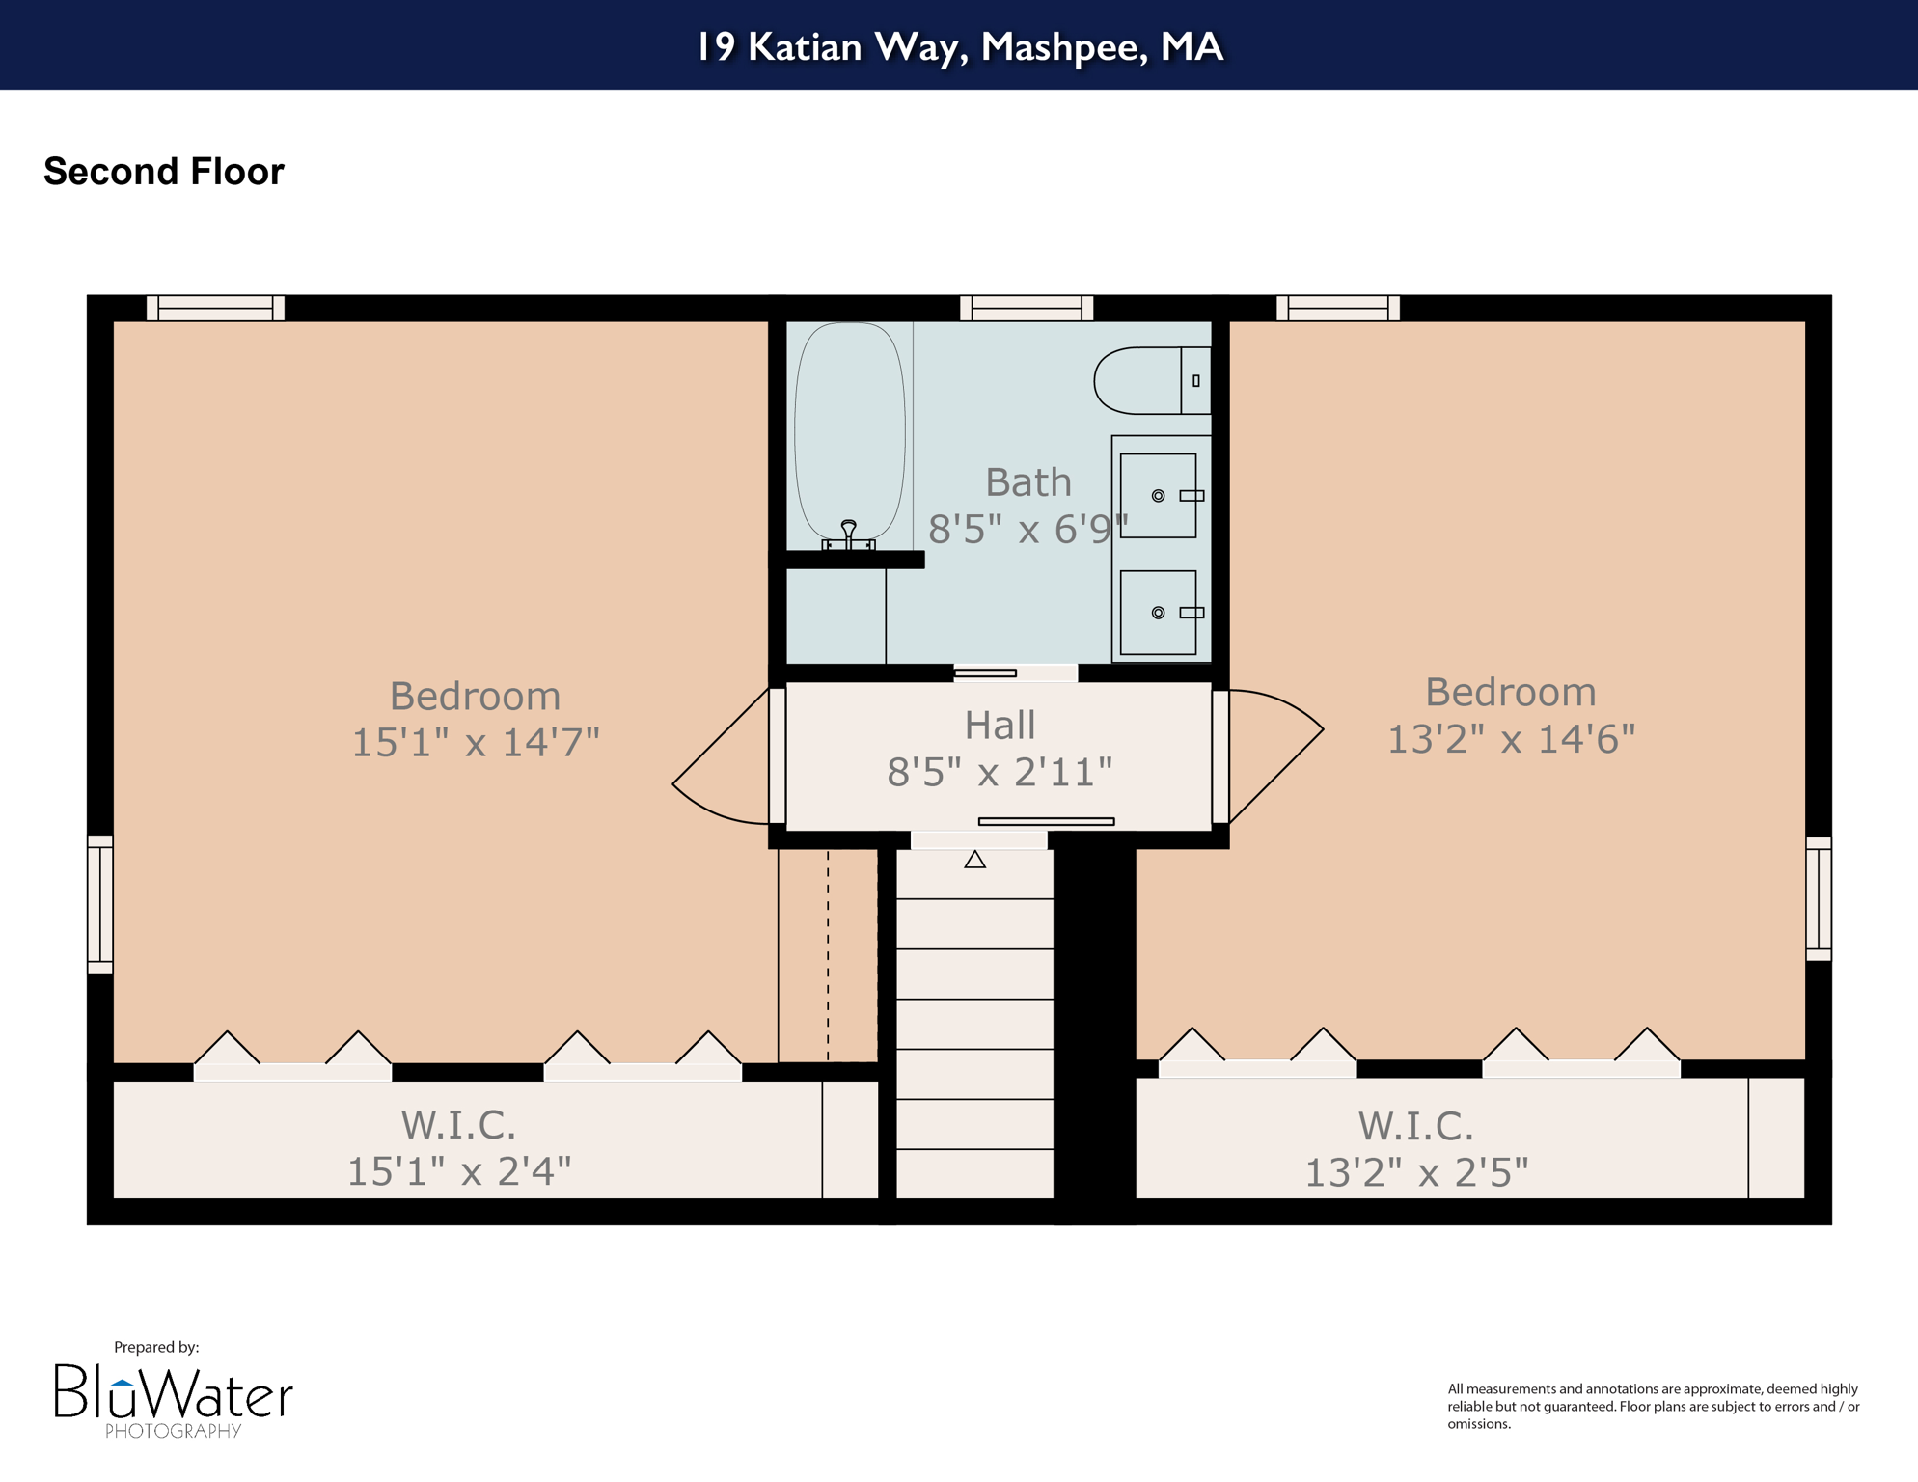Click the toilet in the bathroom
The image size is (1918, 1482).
[1150, 380]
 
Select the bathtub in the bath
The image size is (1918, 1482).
[849, 430]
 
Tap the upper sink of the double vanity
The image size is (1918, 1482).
[1159, 496]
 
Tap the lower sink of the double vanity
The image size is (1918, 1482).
[1159, 613]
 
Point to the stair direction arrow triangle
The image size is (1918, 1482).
[974, 860]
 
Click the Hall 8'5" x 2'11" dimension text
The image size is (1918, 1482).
[1000, 772]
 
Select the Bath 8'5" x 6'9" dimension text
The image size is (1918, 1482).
[1027, 529]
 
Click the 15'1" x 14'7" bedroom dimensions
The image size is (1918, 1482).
[475, 743]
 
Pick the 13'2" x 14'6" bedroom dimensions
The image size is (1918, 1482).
[1510, 739]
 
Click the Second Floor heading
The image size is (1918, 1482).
[164, 172]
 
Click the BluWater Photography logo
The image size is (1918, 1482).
[174, 1399]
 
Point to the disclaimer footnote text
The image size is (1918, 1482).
[1653, 1406]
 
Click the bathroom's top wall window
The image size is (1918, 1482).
[1026, 308]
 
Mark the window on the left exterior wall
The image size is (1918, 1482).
[100, 904]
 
